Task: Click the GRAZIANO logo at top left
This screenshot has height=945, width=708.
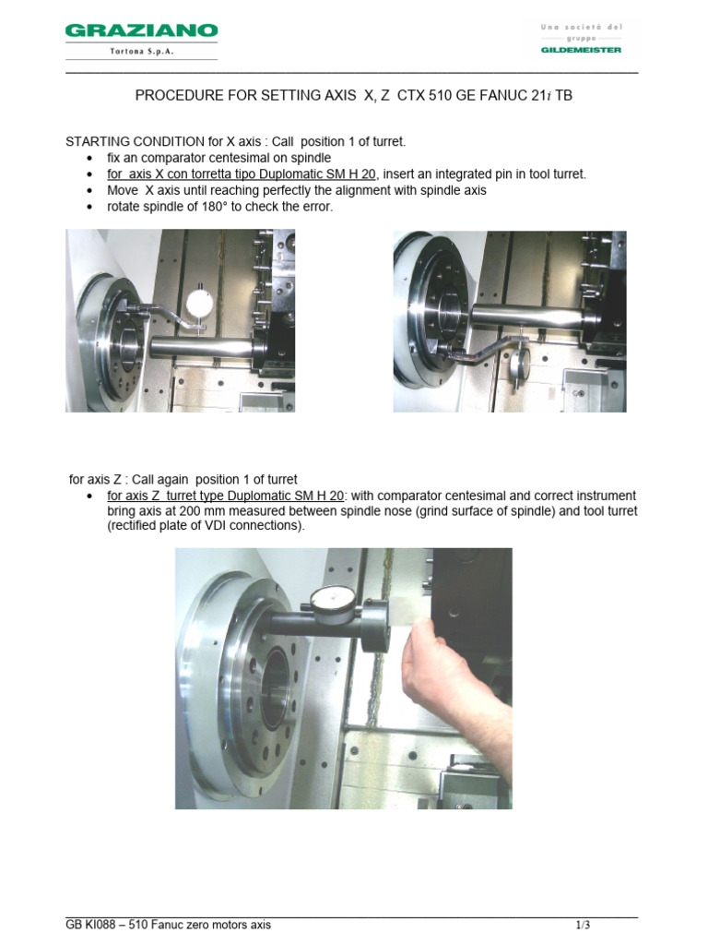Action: [x=141, y=31]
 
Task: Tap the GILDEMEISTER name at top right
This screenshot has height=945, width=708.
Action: [x=581, y=50]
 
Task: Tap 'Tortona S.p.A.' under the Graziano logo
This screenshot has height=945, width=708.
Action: [x=141, y=52]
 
